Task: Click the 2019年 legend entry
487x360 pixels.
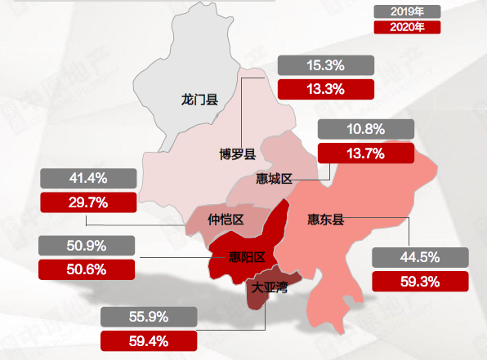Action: pos(407,12)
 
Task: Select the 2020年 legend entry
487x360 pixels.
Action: pos(407,27)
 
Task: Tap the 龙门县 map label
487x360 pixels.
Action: pos(199,100)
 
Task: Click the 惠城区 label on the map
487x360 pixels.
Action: pos(274,178)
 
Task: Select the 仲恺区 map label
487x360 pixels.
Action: pos(226,219)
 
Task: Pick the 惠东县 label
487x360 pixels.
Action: pos(325,219)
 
